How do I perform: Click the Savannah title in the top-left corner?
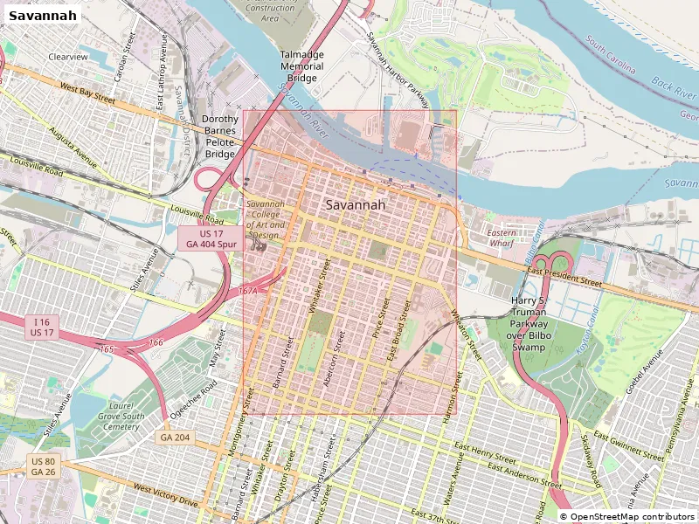[x=42, y=15]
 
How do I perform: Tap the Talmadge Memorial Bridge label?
[x=302, y=66]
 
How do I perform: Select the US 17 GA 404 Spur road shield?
[x=211, y=239]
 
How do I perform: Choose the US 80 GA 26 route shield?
[x=43, y=466]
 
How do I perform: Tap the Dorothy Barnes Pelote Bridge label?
[x=220, y=136]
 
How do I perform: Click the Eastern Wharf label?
[x=502, y=239]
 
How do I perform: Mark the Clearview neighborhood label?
[x=68, y=57]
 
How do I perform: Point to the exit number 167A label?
[x=247, y=290]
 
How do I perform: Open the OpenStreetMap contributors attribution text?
[x=627, y=517]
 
